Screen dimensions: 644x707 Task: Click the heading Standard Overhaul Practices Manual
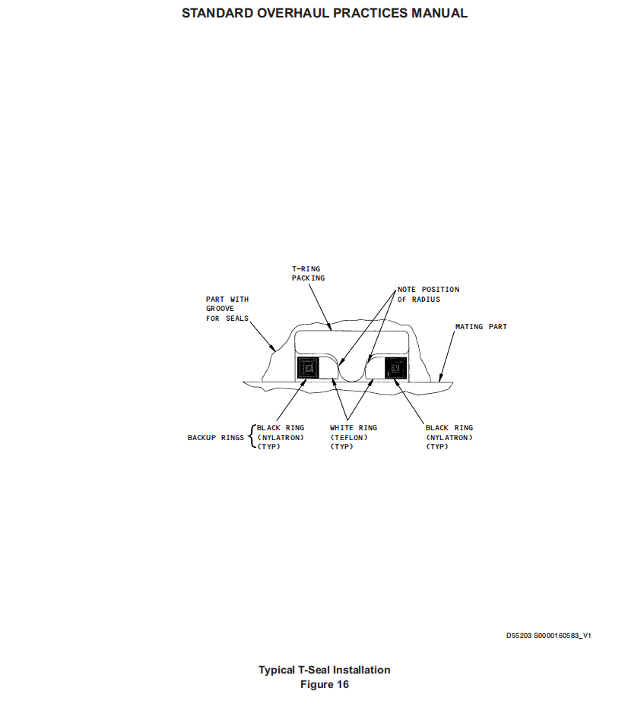point(324,13)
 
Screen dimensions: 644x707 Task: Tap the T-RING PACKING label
point(308,273)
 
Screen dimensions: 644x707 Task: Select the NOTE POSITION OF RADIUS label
point(428,294)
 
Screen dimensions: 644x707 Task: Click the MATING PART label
point(481,326)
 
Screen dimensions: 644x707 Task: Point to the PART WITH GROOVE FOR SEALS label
point(227,309)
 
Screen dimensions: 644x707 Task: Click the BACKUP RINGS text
point(216,437)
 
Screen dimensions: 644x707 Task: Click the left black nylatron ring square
point(308,368)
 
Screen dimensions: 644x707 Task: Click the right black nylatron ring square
point(396,368)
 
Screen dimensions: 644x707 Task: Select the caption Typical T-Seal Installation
point(324,670)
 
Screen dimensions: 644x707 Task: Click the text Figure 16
point(324,684)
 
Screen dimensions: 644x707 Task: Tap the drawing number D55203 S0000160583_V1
point(548,636)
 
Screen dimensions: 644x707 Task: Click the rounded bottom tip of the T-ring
point(352,379)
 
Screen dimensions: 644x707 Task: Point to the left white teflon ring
point(329,368)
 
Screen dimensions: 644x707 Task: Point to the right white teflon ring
point(375,368)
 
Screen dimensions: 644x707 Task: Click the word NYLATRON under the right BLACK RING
point(449,437)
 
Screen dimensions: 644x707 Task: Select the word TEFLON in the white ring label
point(349,437)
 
